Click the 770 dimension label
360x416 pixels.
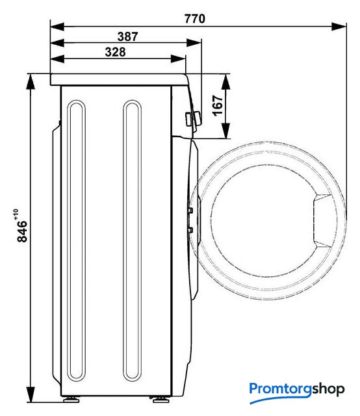[x=195, y=19]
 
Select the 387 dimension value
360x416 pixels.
[x=127, y=36]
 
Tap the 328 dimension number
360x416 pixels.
[x=116, y=52]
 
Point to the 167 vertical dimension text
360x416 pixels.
[x=218, y=105]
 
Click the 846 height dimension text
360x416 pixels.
[x=22, y=231]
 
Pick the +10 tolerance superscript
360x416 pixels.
[x=15, y=214]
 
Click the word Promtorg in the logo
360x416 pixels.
[x=281, y=389]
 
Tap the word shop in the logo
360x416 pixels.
[x=328, y=390]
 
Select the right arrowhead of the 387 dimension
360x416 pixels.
[x=194, y=43]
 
